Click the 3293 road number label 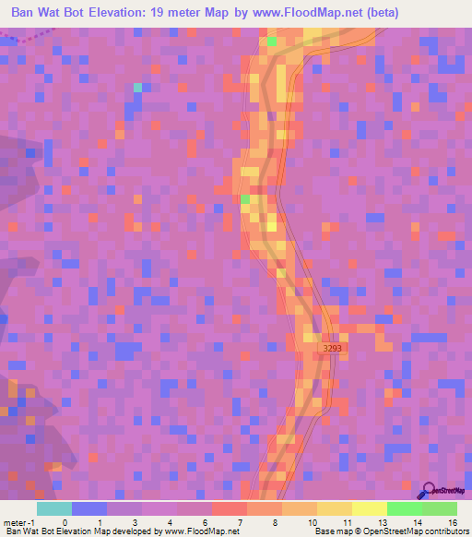[x=333, y=348]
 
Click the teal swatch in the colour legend [x=53, y=508]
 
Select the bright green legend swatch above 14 [x=404, y=508]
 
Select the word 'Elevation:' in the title [x=128, y=12]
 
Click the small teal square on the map [x=137, y=87]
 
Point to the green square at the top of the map [x=271, y=41]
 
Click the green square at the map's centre [x=245, y=198]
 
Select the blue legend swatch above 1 [x=88, y=508]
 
